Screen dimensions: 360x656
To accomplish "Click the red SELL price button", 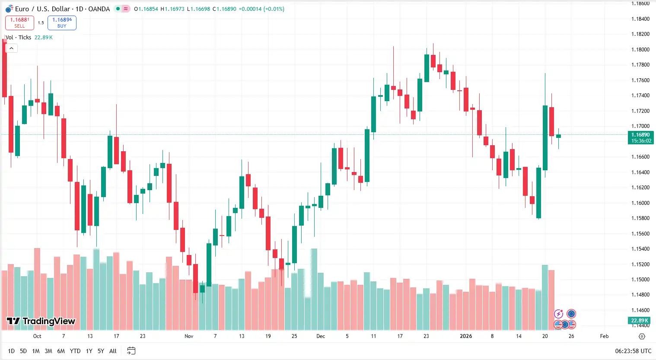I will coord(19,22).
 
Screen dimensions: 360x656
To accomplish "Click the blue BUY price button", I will coord(62,22).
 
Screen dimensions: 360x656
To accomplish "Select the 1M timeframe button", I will coord(36,351).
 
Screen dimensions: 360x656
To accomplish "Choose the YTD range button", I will coord(75,351).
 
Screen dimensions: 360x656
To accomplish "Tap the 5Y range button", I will coord(101,351).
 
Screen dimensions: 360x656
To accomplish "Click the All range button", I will coord(113,351).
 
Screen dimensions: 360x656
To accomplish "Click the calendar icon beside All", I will coord(131,351).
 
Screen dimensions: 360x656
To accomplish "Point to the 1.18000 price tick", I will coord(640,50).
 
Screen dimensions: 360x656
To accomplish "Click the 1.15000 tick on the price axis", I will coord(640,280).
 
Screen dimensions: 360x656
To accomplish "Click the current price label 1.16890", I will coord(640,135).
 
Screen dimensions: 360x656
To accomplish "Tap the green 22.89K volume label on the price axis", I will coord(640,320).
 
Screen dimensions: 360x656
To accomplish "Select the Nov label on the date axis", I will coord(189,336).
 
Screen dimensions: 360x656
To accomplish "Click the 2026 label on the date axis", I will coord(466,336).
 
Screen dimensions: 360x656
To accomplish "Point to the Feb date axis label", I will coord(604,336).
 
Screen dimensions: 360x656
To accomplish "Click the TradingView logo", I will coord(41,321).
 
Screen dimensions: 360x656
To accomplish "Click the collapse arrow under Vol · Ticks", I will coord(11,48).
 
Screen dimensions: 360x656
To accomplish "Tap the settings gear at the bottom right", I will coord(642,336).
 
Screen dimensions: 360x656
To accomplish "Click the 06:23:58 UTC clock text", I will coord(633,351).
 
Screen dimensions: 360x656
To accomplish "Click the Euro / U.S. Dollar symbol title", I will coord(62,9).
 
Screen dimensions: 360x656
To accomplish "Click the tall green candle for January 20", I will coord(545,137).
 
